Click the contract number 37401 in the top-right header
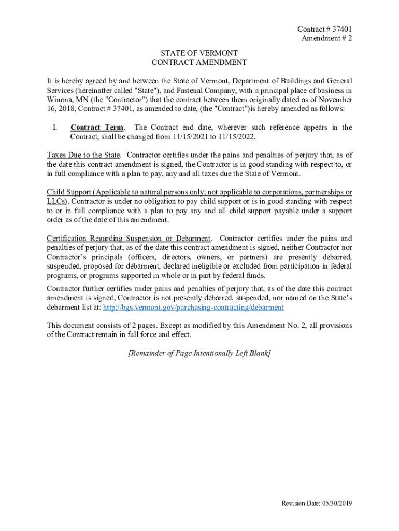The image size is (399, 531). [x=341, y=30]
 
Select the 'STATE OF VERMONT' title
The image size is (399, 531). [x=199, y=53]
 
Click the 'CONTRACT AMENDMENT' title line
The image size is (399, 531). [x=199, y=63]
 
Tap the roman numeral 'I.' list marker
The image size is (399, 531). [x=56, y=128]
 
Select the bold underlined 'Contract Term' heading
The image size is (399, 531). [x=97, y=128]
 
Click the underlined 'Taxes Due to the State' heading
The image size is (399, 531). [x=84, y=155]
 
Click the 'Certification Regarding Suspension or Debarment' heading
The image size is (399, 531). [x=129, y=239]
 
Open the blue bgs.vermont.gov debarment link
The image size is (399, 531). [x=193, y=307]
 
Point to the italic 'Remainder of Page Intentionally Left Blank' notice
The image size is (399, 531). [x=199, y=353]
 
